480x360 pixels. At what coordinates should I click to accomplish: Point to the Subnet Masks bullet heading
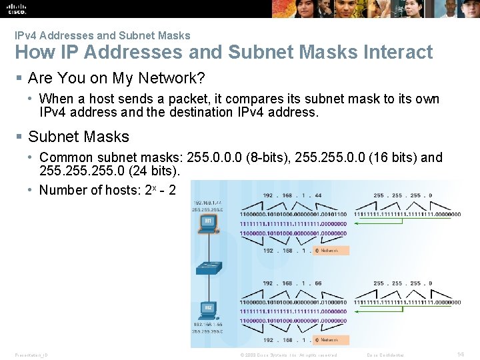[79, 137]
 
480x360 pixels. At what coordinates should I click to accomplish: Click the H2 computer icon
[208, 311]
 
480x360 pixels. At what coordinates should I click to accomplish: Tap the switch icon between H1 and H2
[208, 268]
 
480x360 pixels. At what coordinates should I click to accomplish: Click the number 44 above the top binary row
[317, 196]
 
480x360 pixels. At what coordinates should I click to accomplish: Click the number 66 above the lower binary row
[317, 283]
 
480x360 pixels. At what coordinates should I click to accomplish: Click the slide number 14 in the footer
[461, 355]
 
